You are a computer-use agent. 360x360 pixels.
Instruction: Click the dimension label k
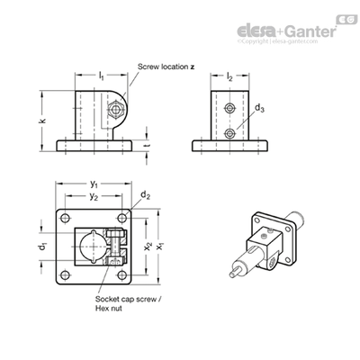43,121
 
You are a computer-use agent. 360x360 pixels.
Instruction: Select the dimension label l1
102,76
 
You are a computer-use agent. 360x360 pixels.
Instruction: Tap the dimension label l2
229,76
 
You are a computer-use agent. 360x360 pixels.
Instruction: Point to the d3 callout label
259,108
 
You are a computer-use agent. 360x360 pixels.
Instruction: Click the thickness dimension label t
148,145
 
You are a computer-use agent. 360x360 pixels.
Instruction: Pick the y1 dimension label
94,184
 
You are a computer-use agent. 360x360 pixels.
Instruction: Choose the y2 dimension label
94,196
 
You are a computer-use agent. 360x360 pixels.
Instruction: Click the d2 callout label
146,195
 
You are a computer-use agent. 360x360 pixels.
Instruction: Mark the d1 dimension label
43,246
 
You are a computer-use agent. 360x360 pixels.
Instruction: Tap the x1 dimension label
160,246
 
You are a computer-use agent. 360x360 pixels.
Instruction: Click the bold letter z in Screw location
192,67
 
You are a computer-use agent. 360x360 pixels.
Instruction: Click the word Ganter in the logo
310,31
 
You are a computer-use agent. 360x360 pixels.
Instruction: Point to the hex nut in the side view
115,109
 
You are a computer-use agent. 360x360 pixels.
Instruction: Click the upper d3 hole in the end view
229,108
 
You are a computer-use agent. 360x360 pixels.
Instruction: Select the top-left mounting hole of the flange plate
65,218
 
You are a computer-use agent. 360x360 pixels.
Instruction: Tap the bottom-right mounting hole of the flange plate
121,274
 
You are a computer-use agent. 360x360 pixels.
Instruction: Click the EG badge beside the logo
346,20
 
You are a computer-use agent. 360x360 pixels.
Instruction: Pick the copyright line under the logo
277,41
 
